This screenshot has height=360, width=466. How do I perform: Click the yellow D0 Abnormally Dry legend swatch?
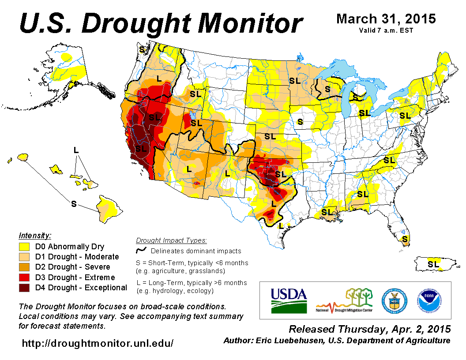[x=24, y=247]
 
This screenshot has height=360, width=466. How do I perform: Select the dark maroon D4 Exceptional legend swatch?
[x=24, y=288]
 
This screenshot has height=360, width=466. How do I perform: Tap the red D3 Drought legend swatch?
[x=24, y=277]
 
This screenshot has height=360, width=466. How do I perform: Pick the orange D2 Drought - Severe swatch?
[x=24, y=267]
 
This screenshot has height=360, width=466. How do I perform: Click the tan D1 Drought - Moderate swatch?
[x=24, y=257]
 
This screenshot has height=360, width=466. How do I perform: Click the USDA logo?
[x=289, y=300]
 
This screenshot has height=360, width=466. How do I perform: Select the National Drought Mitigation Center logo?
[x=344, y=300]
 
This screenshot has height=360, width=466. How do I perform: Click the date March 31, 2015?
[x=386, y=19]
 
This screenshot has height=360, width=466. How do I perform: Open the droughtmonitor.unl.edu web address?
[x=98, y=343]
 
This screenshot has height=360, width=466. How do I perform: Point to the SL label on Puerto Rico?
[x=433, y=264]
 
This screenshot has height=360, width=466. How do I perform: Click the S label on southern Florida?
[x=405, y=239]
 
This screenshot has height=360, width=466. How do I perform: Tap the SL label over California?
[x=140, y=149]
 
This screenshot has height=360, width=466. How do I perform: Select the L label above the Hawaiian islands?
[x=76, y=150]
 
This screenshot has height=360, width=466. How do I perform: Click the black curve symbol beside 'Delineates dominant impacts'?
[x=141, y=251]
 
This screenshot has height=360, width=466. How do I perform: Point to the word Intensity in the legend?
[x=35, y=236]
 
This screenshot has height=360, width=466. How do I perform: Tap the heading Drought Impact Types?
[x=171, y=240]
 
